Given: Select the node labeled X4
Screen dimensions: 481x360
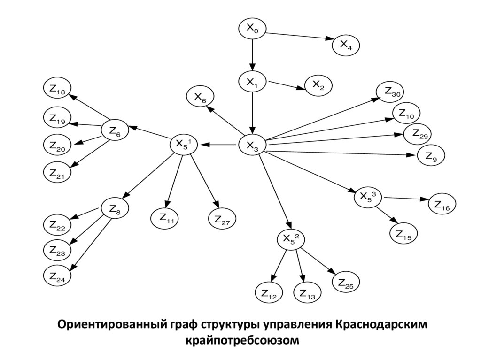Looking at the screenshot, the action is [346, 45].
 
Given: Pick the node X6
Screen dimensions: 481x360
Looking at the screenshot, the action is [200, 96].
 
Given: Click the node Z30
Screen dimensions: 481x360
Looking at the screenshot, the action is [391, 92].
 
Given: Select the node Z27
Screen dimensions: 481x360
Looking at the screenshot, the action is [222, 218].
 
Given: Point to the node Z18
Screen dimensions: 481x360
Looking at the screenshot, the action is [57, 89].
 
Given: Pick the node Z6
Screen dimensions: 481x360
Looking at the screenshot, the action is [115, 131].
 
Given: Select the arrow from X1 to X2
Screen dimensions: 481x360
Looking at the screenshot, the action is [286, 85].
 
